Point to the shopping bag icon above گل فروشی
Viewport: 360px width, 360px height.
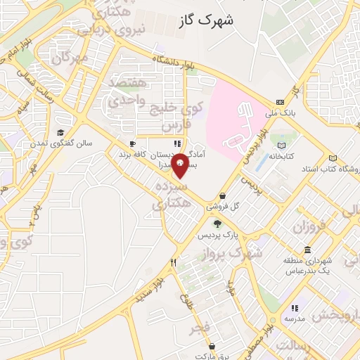coord(223,196)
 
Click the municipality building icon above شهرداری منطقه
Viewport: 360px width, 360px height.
coord(308,250)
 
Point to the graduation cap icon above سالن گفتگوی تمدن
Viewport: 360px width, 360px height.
coord(61,133)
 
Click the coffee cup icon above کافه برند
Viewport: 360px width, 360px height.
coord(132,143)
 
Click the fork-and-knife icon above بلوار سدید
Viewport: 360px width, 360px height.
coord(172,262)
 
